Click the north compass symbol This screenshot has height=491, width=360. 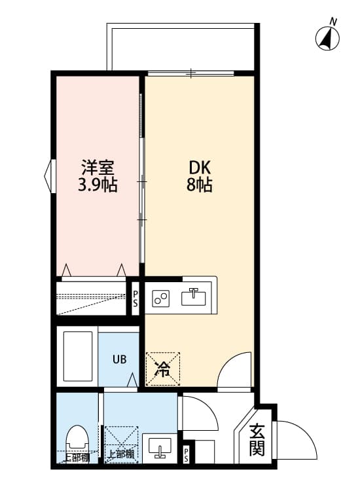[x=329, y=37]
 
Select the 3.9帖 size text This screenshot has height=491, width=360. [x=98, y=185]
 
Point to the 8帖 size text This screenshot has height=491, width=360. [x=198, y=185]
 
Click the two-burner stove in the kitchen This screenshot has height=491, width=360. [x=161, y=299]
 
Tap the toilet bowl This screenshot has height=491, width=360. [x=77, y=441]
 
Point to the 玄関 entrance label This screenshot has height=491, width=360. [x=257, y=441]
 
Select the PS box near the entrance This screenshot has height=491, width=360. [x=187, y=454]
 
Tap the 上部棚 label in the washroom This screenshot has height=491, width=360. [x=121, y=454]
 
